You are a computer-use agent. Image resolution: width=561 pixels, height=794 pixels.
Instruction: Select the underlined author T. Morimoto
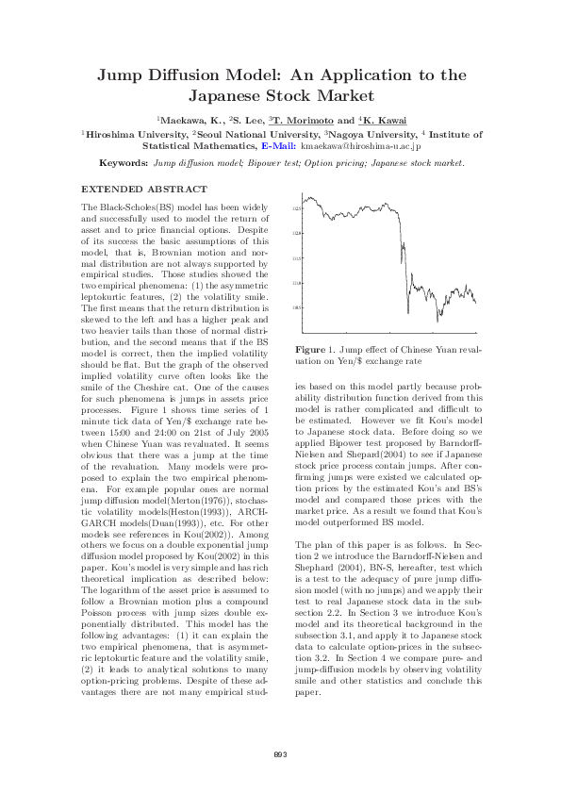click(x=304, y=121)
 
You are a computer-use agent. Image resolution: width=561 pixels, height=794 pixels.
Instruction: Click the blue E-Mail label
click(x=278, y=147)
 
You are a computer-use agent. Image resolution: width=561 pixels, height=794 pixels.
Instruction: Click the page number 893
click(x=280, y=753)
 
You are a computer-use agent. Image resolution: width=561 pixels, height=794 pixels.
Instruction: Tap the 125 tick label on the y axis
click(x=294, y=207)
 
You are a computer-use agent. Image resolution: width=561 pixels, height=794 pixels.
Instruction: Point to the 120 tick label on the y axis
click(x=294, y=232)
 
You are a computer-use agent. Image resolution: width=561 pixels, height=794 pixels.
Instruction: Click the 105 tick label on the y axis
click(x=294, y=307)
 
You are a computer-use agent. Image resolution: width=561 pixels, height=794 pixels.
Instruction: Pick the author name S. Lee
click(x=241, y=121)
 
